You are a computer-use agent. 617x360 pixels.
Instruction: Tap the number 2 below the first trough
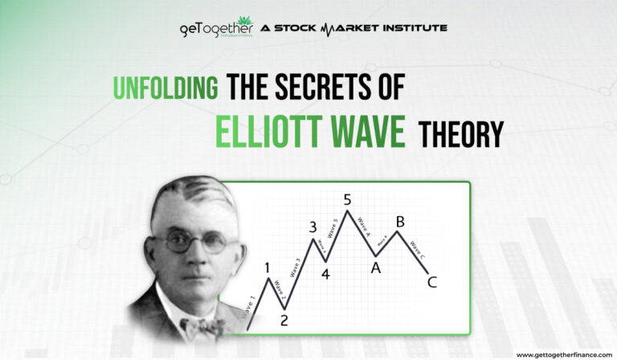(x=284, y=320)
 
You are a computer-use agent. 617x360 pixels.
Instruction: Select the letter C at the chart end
(x=433, y=282)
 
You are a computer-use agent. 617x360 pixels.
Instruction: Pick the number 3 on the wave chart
(x=313, y=227)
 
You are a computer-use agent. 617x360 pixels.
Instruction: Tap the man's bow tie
(x=202, y=326)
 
